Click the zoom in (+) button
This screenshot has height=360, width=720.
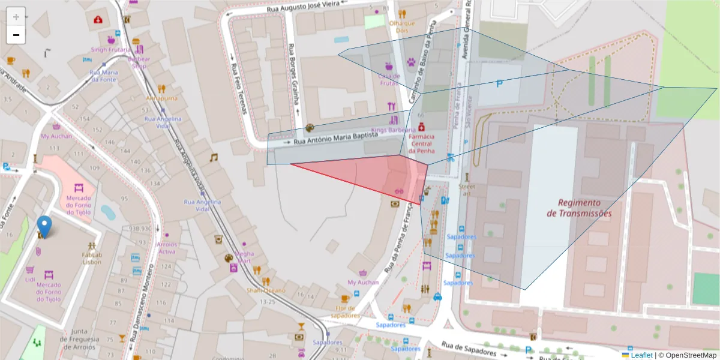click(16, 16)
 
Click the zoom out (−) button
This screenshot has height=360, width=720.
click(16, 35)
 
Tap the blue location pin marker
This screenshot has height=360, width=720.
click(44, 226)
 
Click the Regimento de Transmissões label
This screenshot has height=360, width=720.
click(579, 208)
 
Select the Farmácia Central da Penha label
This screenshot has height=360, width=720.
click(421, 143)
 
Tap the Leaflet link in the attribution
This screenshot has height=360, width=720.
click(641, 355)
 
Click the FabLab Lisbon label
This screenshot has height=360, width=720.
click(92, 257)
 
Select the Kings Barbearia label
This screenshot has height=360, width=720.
click(389, 130)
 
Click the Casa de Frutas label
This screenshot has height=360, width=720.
click(389, 79)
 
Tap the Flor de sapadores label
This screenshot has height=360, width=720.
click(344, 311)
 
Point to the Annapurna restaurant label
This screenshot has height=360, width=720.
click(161, 98)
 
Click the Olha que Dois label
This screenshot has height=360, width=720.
click(402, 26)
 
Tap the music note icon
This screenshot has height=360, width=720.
click(213, 157)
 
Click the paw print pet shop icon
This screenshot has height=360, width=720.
click(412, 61)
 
